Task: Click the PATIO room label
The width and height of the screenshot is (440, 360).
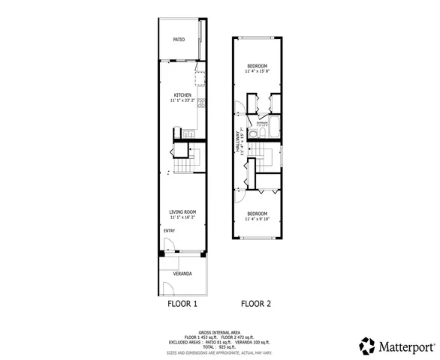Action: click(179, 39)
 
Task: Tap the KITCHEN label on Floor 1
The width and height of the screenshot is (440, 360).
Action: click(182, 94)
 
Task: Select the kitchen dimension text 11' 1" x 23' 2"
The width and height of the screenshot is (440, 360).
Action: click(182, 100)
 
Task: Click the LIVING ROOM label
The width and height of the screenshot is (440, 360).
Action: click(182, 212)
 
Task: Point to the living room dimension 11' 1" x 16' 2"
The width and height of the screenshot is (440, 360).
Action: click(182, 217)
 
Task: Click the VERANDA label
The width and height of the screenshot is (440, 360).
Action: click(182, 274)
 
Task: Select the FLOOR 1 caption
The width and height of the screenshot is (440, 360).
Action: click(182, 304)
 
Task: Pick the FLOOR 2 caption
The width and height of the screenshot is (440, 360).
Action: click(256, 304)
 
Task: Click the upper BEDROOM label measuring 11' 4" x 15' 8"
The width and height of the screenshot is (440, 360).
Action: click(258, 66)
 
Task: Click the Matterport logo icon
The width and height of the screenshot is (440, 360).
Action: click(367, 346)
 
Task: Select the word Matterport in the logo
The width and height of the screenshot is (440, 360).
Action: click(405, 346)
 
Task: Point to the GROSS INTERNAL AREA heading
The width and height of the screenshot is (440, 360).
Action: click(220, 331)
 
